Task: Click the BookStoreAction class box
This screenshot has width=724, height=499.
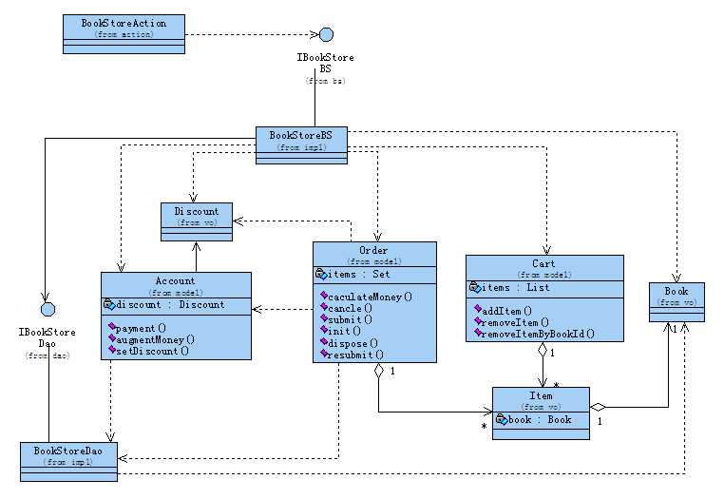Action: point(124,27)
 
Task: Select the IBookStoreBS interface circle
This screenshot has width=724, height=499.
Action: point(326,35)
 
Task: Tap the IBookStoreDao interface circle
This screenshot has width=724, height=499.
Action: point(45,309)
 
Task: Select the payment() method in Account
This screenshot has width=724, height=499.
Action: point(141,327)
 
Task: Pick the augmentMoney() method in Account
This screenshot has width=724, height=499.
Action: point(154,338)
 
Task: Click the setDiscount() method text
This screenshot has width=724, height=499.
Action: point(151,350)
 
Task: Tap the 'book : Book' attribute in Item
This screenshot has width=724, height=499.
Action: point(539,419)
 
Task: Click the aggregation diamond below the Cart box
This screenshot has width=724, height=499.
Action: point(543,350)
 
